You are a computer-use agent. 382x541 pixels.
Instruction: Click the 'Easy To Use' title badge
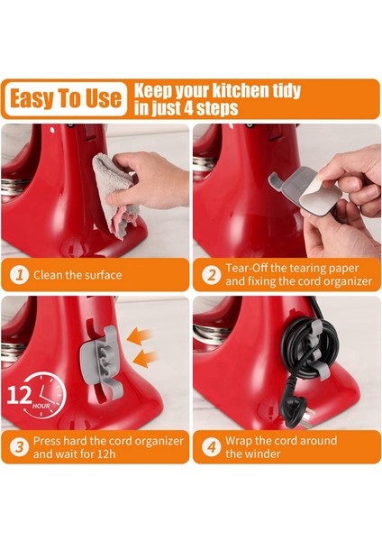[66, 98]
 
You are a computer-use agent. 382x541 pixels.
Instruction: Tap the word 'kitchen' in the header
[241, 90]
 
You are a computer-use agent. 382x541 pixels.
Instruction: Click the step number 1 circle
[20, 275]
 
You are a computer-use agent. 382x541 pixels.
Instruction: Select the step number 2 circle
[212, 275]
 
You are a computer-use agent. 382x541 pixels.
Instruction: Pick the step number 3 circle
[20, 447]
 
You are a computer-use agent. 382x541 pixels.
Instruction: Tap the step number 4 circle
[212, 447]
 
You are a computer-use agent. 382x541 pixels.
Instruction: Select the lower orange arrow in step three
[145, 360]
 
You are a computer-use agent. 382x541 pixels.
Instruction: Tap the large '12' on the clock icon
[19, 396]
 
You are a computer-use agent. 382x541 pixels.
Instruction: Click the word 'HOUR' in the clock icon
[41, 406]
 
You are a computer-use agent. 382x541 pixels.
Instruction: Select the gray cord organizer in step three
[100, 362]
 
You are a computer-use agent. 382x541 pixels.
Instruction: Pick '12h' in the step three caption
[105, 454]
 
